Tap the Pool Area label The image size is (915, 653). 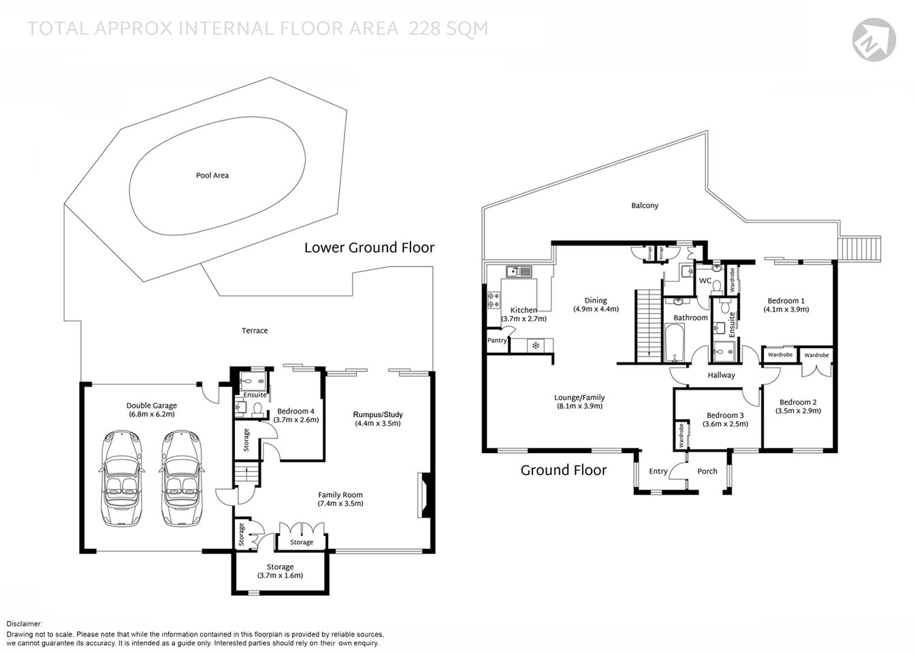point(212,175)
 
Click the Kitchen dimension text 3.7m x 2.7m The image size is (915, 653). point(524,319)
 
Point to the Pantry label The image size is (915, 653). point(497,340)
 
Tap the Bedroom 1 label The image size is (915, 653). point(786,301)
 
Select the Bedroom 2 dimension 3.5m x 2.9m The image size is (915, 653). point(798,411)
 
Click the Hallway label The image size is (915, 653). point(721,375)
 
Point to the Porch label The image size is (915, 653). point(707,471)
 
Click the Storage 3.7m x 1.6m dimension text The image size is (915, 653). point(280,575)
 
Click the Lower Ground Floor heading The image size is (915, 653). point(369,248)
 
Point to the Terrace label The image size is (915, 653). point(255,331)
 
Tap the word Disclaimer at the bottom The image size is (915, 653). point(25,624)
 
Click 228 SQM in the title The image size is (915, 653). point(448,29)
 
